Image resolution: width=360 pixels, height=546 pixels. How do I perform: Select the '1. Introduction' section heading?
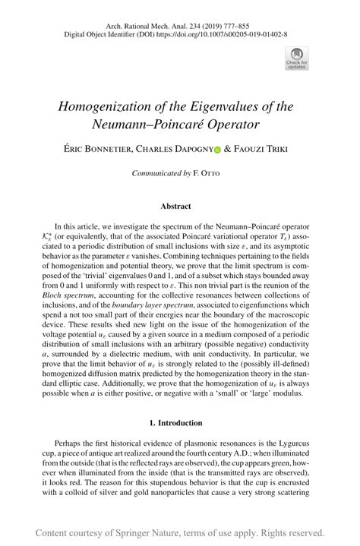point(179,422)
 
